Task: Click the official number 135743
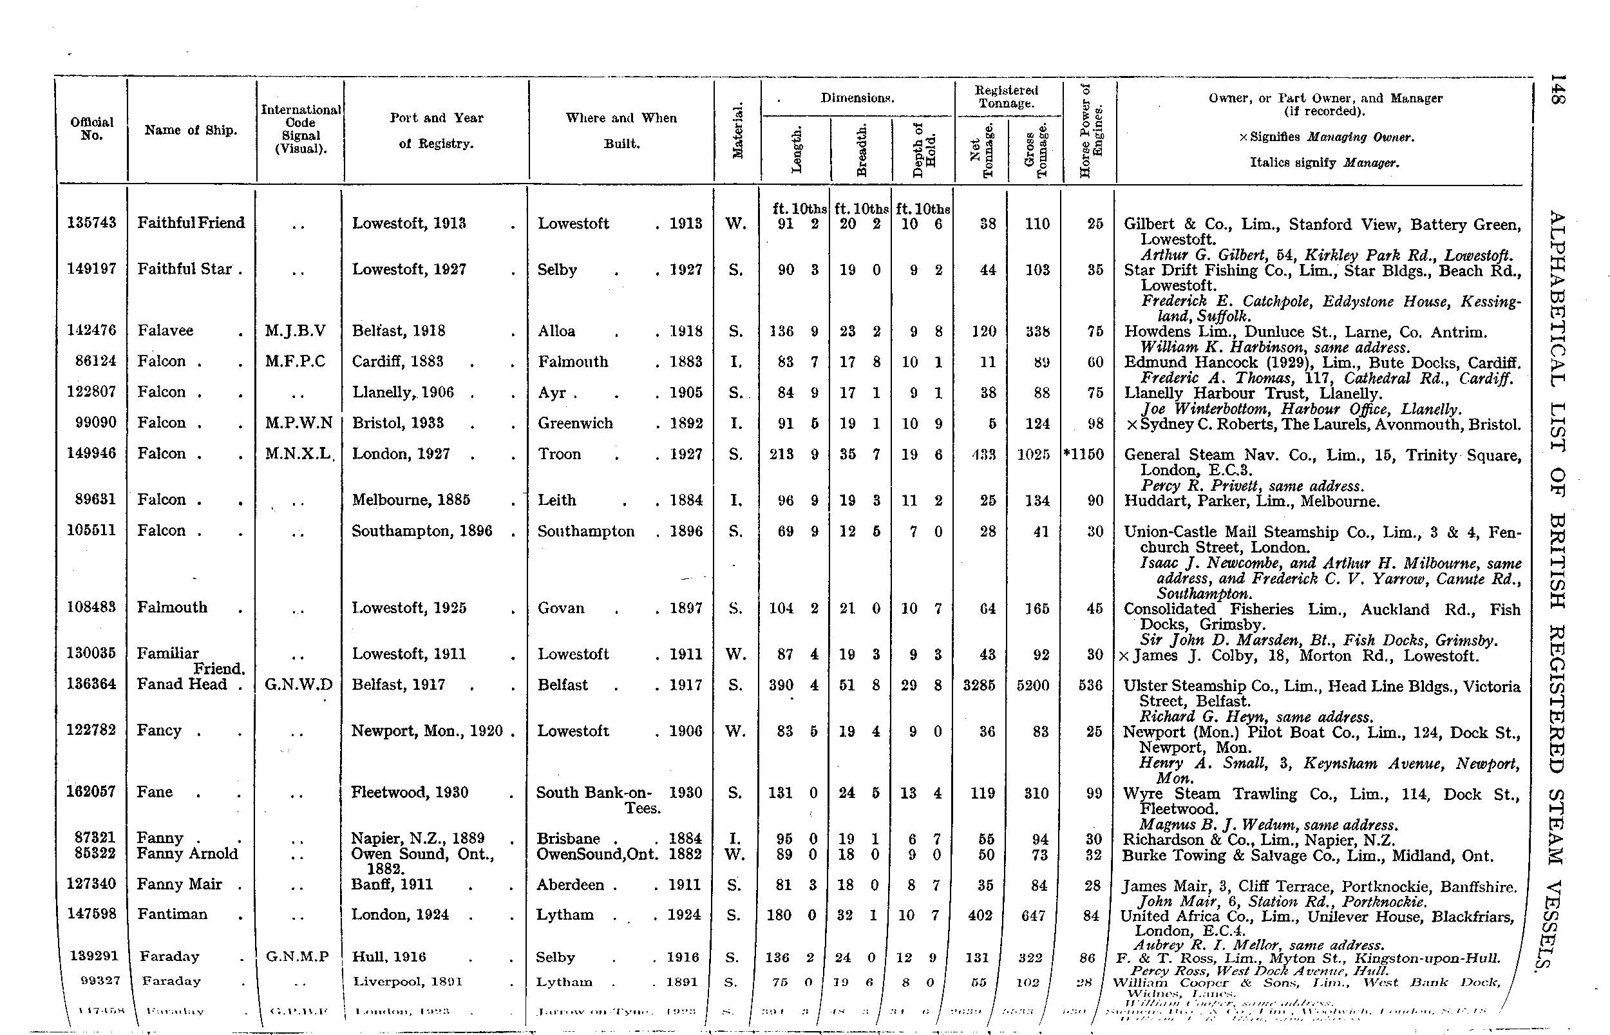[91, 222]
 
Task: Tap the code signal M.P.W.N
[298, 423]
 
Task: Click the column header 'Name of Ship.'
[191, 130]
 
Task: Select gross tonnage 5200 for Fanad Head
[1033, 685]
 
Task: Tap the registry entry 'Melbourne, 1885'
[411, 499]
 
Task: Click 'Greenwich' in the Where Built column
[575, 423]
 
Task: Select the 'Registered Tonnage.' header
[1006, 96]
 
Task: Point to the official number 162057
[91, 791]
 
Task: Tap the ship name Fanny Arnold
[187, 853]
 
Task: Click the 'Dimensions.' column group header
[857, 98]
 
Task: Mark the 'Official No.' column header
[91, 128]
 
